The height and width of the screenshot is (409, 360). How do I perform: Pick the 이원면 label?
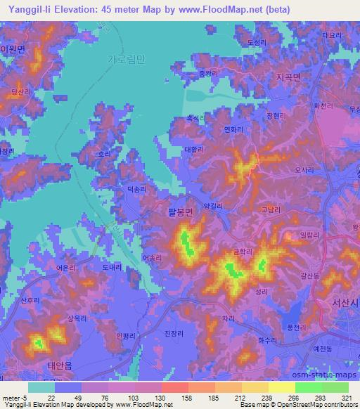pos(12,50)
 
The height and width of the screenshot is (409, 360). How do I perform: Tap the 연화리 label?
pos(233,129)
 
